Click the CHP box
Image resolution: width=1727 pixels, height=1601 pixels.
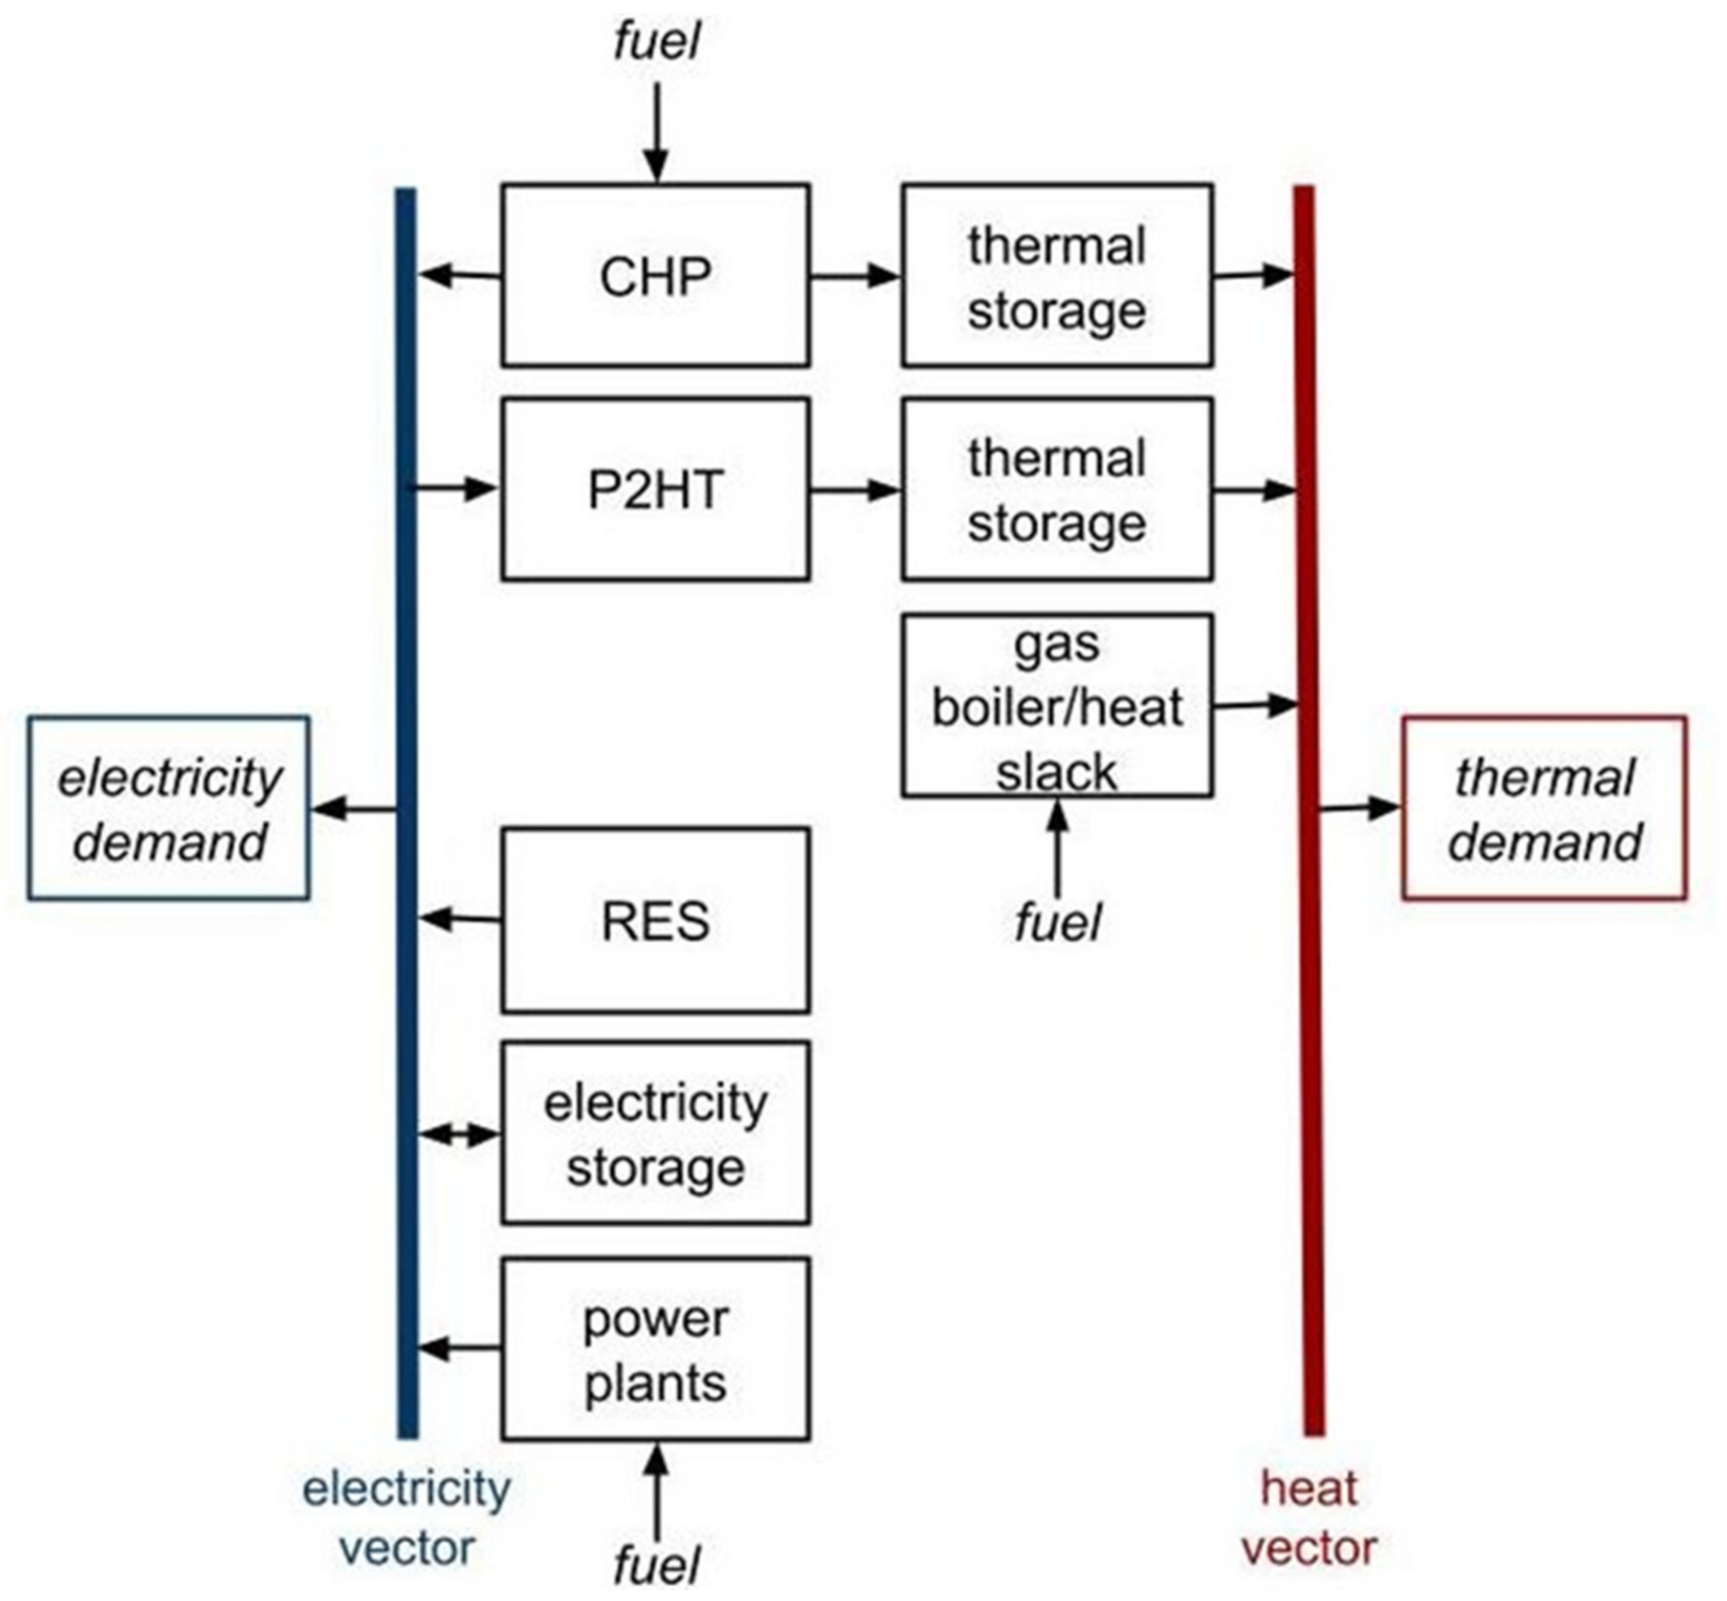[656, 275]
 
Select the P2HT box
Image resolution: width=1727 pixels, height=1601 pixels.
[656, 489]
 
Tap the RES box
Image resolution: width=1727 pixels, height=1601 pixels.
[656, 920]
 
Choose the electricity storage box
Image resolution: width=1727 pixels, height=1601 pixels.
[656, 1133]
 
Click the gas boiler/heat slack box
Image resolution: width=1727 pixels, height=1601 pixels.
[1057, 706]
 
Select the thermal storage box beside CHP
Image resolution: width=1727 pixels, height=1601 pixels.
[1057, 275]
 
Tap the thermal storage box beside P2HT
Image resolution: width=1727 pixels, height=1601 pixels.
[1057, 489]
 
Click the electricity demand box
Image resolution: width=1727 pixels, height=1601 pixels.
[169, 808]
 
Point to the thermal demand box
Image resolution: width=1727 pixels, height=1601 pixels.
[1544, 808]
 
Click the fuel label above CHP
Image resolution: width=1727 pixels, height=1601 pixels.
[656, 41]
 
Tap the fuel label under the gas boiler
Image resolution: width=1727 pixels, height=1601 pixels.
[1057, 922]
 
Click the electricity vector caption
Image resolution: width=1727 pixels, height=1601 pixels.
[406, 1518]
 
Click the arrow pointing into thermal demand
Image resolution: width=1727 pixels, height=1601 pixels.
[1358, 807]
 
